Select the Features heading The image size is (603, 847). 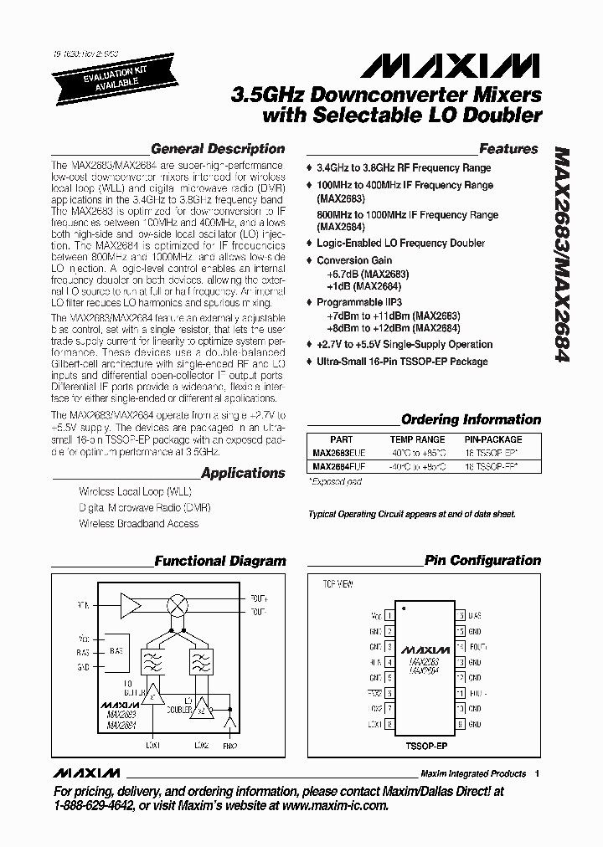click(508, 149)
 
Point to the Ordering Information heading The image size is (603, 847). click(471, 419)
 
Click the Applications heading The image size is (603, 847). click(243, 473)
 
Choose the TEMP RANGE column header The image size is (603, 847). click(417, 439)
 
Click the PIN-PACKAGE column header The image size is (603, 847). click(492, 439)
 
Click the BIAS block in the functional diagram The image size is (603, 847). click(115, 649)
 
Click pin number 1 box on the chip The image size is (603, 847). click(389, 615)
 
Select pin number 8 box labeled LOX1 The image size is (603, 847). click(389, 723)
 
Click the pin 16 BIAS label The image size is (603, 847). click(475, 615)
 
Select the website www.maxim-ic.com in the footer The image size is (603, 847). click(332, 806)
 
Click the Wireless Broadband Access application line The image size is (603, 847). click(138, 524)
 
